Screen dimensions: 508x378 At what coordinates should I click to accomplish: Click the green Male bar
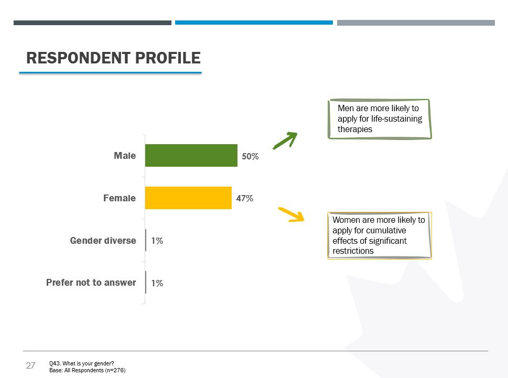(x=191, y=156)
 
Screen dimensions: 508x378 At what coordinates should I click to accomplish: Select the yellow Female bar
(x=188, y=198)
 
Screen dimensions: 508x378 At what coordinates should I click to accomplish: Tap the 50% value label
(x=250, y=156)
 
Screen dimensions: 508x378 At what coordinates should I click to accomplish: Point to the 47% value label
(x=245, y=198)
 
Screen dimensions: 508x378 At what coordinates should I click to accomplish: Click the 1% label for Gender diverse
(x=157, y=241)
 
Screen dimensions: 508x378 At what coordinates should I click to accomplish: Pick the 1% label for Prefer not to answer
(x=157, y=283)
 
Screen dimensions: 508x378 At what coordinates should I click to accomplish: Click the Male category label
(x=125, y=156)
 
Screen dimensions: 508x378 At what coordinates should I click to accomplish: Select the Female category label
(x=120, y=198)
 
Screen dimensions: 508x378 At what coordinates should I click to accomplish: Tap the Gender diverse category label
(x=103, y=240)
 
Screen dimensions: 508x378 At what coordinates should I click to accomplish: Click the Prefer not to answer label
(x=91, y=283)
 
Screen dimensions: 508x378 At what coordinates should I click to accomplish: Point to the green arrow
(x=285, y=141)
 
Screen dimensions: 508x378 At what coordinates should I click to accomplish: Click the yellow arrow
(x=291, y=214)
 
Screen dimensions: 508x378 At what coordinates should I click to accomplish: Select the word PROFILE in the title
(x=168, y=58)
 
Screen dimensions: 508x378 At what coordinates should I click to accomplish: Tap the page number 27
(x=30, y=365)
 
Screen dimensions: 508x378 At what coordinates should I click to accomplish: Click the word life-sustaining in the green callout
(x=396, y=119)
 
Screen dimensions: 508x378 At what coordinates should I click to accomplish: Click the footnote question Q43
(x=81, y=363)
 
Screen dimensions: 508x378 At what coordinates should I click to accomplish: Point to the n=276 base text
(x=115, y=370)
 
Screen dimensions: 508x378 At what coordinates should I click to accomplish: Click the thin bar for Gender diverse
(x=146, y=240)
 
